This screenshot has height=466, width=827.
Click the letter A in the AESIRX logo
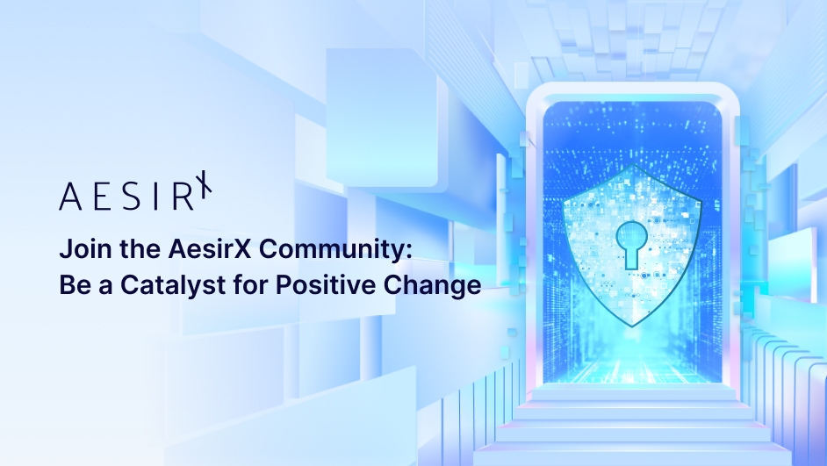tap(70, 197)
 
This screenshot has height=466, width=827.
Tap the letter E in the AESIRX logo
tap(97, 197)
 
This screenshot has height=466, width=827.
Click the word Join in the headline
tap(78, 250)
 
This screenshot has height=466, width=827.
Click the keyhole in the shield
tap(632, 244)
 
